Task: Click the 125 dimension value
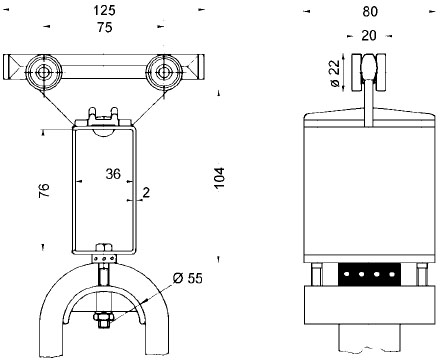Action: pos(104,10)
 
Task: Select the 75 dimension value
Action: pos(105,27)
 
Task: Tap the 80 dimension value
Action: pos(370,12)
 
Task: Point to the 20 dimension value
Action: pos(369,35)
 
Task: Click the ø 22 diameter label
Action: pos(336,73)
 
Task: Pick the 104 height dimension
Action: pos(219,178)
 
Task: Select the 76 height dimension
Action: pos(44,190)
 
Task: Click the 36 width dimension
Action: pos(113,174)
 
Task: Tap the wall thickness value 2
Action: pos(146,192)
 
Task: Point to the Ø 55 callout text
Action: pos(188,278)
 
